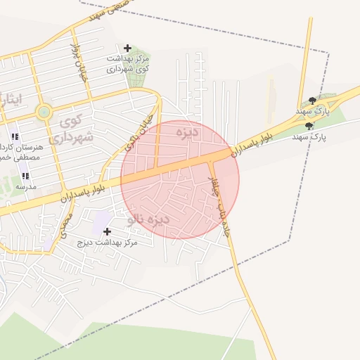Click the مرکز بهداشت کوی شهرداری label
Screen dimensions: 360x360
(128, 63)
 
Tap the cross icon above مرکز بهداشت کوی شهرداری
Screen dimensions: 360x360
(127, 47)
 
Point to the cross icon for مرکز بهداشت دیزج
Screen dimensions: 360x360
(107, 231)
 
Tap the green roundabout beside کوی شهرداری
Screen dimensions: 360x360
(44, 111)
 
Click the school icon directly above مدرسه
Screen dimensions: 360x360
(25, 176)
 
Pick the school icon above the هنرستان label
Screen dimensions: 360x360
(15, 136)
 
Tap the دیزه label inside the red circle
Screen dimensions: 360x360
(188, 132)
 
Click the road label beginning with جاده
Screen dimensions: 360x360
(220, 204)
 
